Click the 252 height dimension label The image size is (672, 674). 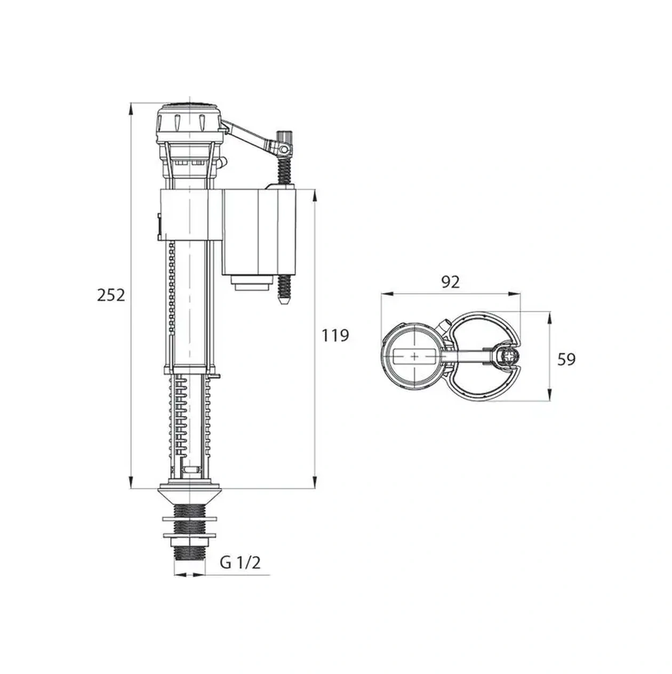(x=111, y=295)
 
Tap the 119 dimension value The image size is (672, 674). (x=335, y=335)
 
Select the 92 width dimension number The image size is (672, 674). (x=450, y=282)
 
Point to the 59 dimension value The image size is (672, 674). (x=566, y=359)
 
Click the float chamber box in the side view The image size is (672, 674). (x=259, y=232)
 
